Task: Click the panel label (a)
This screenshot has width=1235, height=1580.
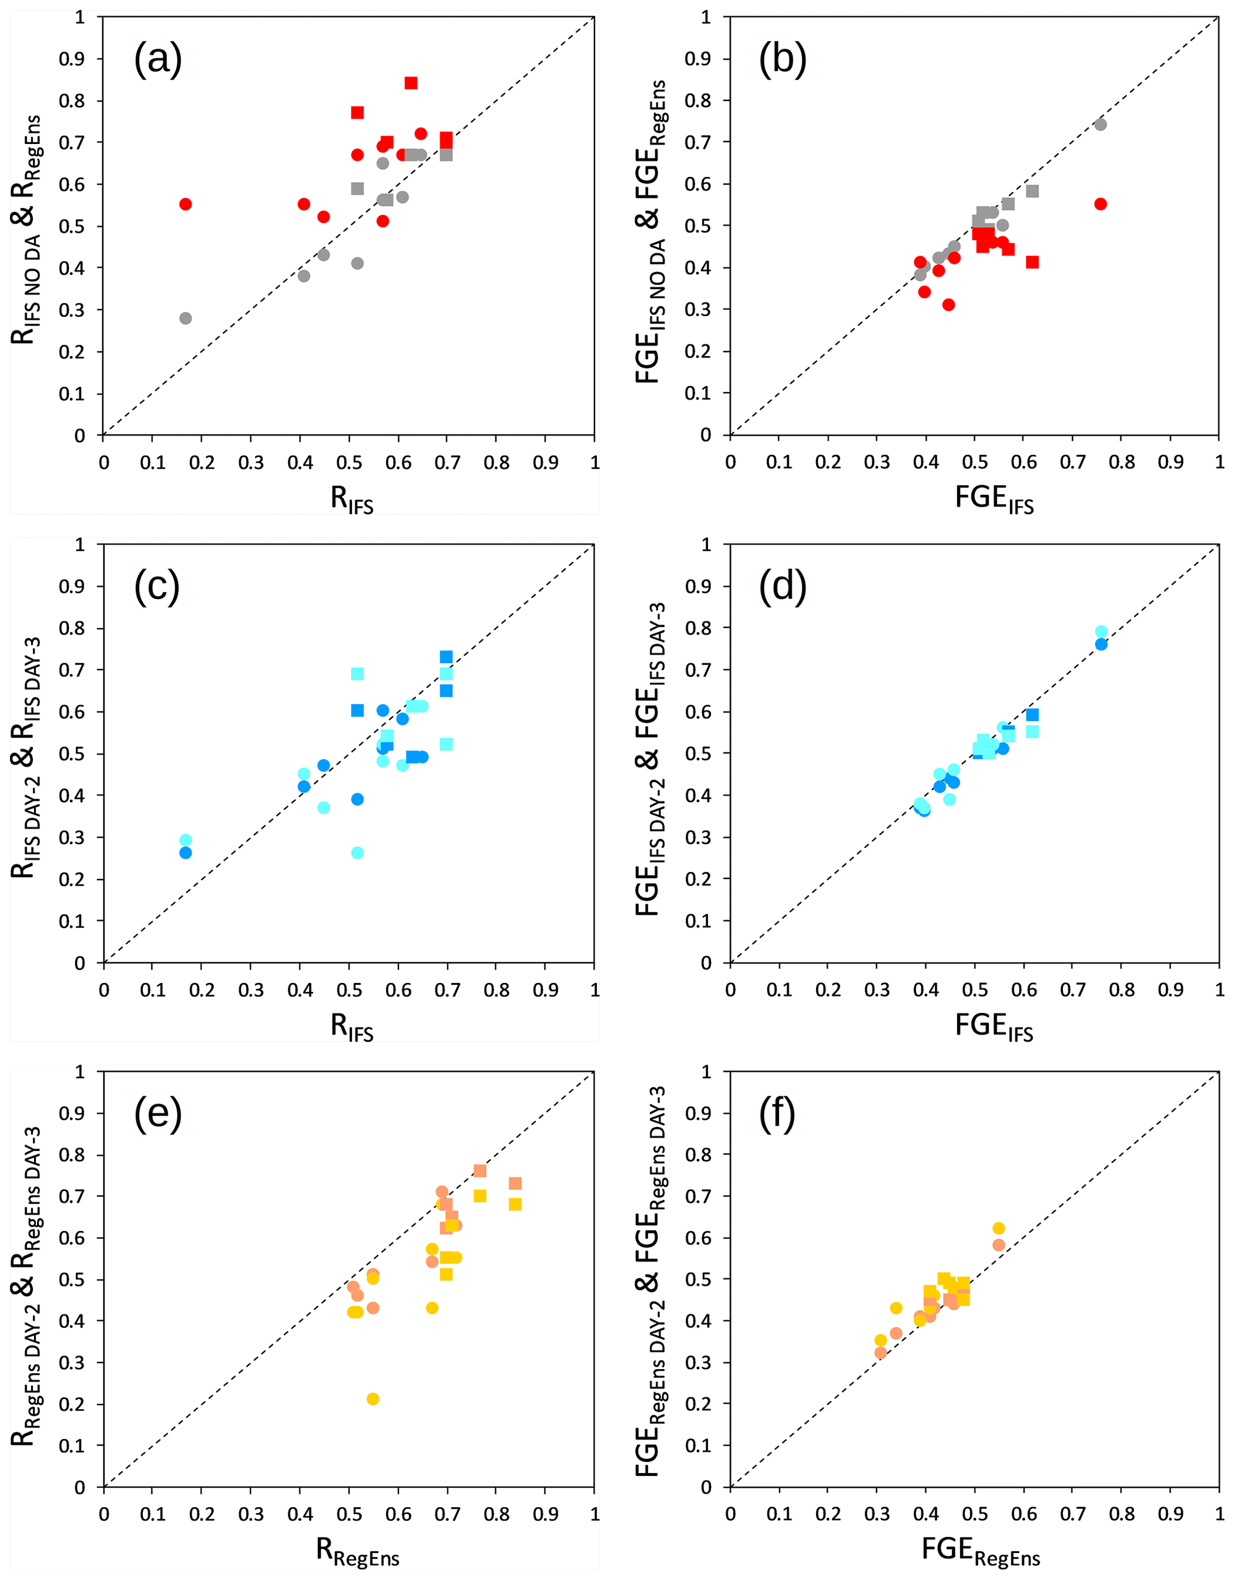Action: pos(158,59)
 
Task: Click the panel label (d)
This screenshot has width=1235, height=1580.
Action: pos(783,586)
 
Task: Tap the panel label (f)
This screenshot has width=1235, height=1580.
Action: pos(778,1113)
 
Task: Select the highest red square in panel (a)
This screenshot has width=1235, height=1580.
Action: pos(411,83)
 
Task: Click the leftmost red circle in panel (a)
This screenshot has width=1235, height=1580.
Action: pos(185,204)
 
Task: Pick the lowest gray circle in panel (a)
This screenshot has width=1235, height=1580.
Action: pos(185,319)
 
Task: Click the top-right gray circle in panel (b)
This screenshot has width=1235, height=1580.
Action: pos(1101,124)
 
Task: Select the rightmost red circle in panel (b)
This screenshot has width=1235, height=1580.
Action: pos(1101,204)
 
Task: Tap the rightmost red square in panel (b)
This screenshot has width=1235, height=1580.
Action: pos(1032,262)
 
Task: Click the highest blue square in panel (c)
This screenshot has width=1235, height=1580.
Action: pos(446,657)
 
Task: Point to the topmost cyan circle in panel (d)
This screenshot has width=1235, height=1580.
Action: pos(1101,632)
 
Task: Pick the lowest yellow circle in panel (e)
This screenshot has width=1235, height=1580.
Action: pos(373,1399)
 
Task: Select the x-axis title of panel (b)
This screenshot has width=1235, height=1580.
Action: pos(994,499)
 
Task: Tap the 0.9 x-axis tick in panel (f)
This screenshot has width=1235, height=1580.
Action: pos(1170,1514)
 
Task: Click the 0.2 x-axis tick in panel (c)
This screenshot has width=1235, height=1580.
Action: pos(202,990)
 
